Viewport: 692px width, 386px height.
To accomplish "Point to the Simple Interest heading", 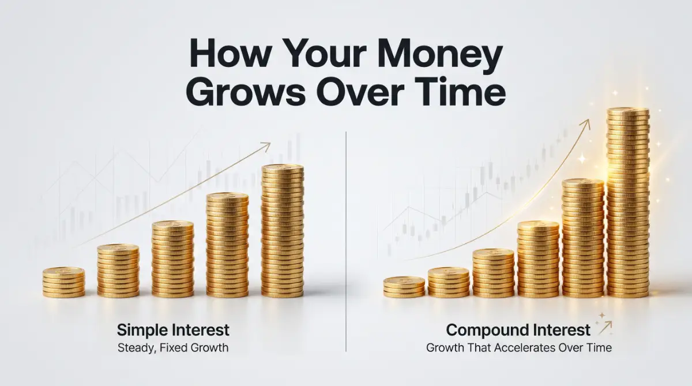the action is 173,330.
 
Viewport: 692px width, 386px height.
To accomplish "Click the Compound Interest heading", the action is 518,330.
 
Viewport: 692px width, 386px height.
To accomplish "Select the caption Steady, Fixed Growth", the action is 173,348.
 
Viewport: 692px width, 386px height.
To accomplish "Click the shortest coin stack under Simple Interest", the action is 63,283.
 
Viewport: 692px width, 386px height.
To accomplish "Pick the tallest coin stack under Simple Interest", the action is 283,231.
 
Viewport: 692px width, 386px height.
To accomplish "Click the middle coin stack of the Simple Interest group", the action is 172,259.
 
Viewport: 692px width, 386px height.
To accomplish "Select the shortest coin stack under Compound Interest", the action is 404,287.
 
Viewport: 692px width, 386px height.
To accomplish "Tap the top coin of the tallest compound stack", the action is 628,112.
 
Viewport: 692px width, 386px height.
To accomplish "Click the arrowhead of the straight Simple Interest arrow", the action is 266,146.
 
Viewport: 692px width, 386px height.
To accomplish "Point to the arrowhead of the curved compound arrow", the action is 586,124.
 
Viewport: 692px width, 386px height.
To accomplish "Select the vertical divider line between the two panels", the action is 346,241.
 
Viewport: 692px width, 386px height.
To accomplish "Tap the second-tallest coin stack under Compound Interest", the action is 583,238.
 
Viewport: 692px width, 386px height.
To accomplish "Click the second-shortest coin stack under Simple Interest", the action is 118,271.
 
